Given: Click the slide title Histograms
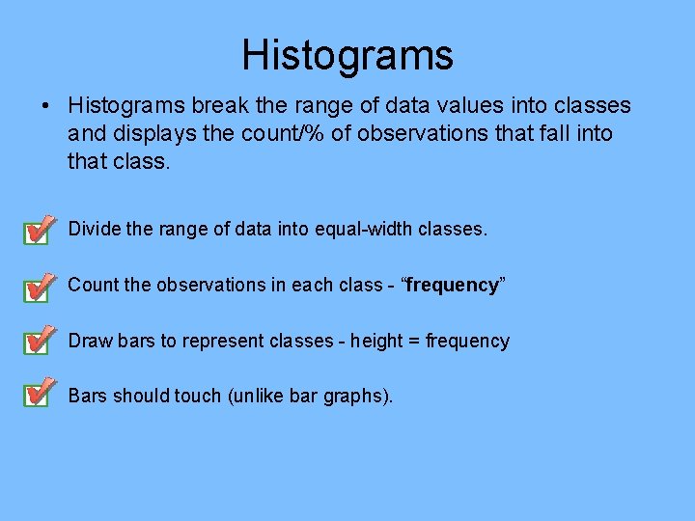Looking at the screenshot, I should (x=347, y=55).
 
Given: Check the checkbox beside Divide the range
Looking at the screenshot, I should (x=36, y=232).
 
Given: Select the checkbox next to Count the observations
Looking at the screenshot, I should (x=36, y=287).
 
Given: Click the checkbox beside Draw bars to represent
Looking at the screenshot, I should (x=36, y=342).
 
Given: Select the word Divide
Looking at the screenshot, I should (x=94, y=230).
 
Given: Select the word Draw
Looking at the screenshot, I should (x=90, y=341).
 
